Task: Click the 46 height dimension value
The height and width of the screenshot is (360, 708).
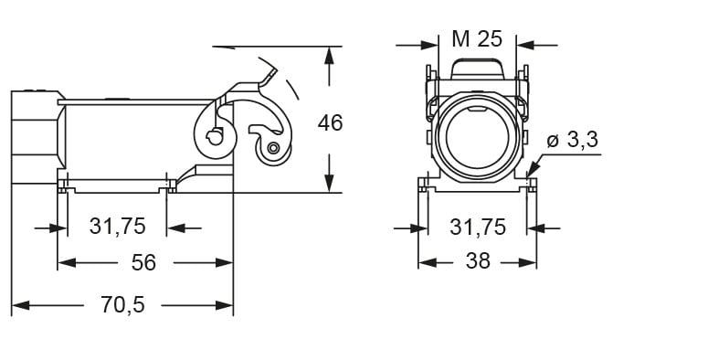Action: click(x=330, y=122)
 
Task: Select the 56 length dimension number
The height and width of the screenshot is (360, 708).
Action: click(x=143, y=262)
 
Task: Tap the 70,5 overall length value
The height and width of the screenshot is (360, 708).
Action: click(x=122, y=305)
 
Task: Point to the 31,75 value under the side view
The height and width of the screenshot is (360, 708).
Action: click(x=118, y=226)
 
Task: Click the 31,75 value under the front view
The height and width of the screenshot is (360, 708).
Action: click(x=478, y=227)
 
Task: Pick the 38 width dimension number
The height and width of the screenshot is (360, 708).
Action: click(x=478, y=261)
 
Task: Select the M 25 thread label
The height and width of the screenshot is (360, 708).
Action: click(x=477, y=39)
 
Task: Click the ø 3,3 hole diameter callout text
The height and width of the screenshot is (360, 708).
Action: click(x=572, y=140)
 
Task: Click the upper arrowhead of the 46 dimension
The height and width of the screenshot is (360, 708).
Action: click(x=329, y=55)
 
